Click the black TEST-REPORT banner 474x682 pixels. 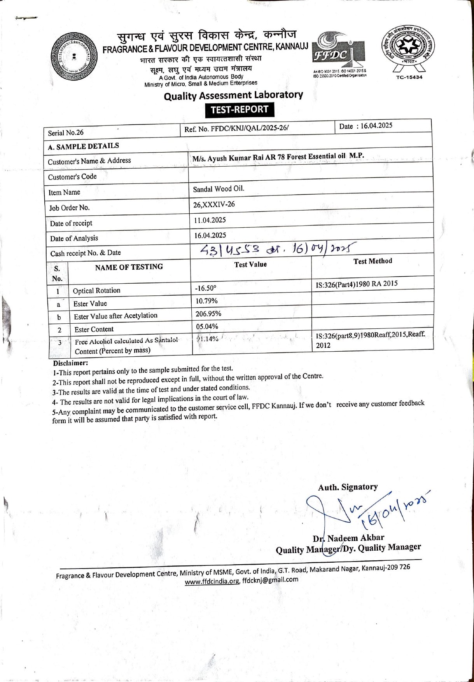tap(240, 110)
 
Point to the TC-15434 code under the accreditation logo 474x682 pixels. tap(409, 77)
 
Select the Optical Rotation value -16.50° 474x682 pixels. tap(205, 288)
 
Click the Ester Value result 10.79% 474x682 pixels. tap(206, 301)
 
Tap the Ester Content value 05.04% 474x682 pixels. tap(207, 326)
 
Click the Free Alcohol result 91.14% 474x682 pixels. tap(207, 339)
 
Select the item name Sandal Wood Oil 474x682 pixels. tap(219, 189)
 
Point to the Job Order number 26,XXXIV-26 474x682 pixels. tap(214, 204)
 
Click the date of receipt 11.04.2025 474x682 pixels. tap(210, 220)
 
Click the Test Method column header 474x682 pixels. tap(373, 261)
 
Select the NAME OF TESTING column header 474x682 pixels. tap(129, 267)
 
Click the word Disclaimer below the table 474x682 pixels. tap(71, 363)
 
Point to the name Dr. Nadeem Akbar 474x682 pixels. tap(348, 538)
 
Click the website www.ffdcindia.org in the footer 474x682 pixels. tap(212, 582)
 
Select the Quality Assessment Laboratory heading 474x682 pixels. tap(233, 95)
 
